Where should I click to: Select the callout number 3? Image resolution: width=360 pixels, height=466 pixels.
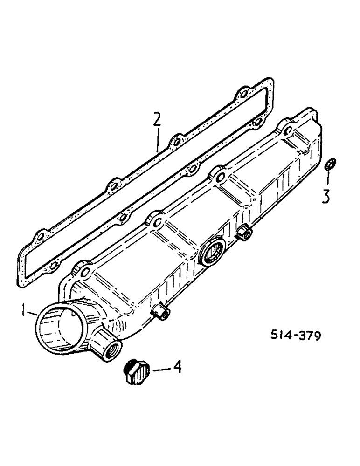click(x=326, y=195)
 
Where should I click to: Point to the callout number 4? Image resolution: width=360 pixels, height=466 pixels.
click(x=176, y=368)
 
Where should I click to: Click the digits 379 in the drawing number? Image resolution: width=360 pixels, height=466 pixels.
click(x=307, y=336)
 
